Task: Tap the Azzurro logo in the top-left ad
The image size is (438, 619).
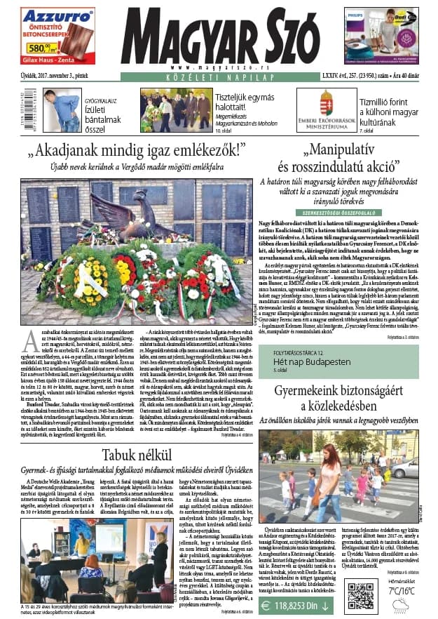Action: click(x=48, y=14)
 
